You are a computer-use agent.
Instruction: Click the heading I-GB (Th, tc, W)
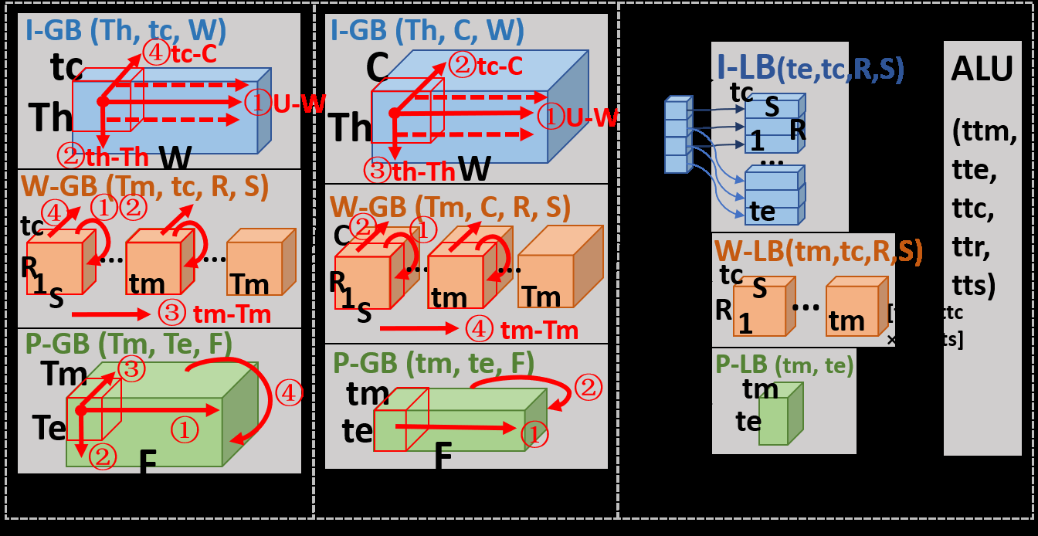point(125,31)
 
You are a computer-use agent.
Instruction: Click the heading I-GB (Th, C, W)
point(427,31)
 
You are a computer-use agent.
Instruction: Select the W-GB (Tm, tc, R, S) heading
point(144,188)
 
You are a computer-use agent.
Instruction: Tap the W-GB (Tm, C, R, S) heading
point(449,206)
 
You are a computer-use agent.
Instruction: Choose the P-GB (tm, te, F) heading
point(434,363)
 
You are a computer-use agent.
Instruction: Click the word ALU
point(982,70)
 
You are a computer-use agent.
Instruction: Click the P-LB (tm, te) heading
point(784,365)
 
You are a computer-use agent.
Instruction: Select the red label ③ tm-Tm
point(215,313)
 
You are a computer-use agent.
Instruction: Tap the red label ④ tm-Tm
point(522,331)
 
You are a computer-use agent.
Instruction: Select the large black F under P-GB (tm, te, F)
point(442,456)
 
